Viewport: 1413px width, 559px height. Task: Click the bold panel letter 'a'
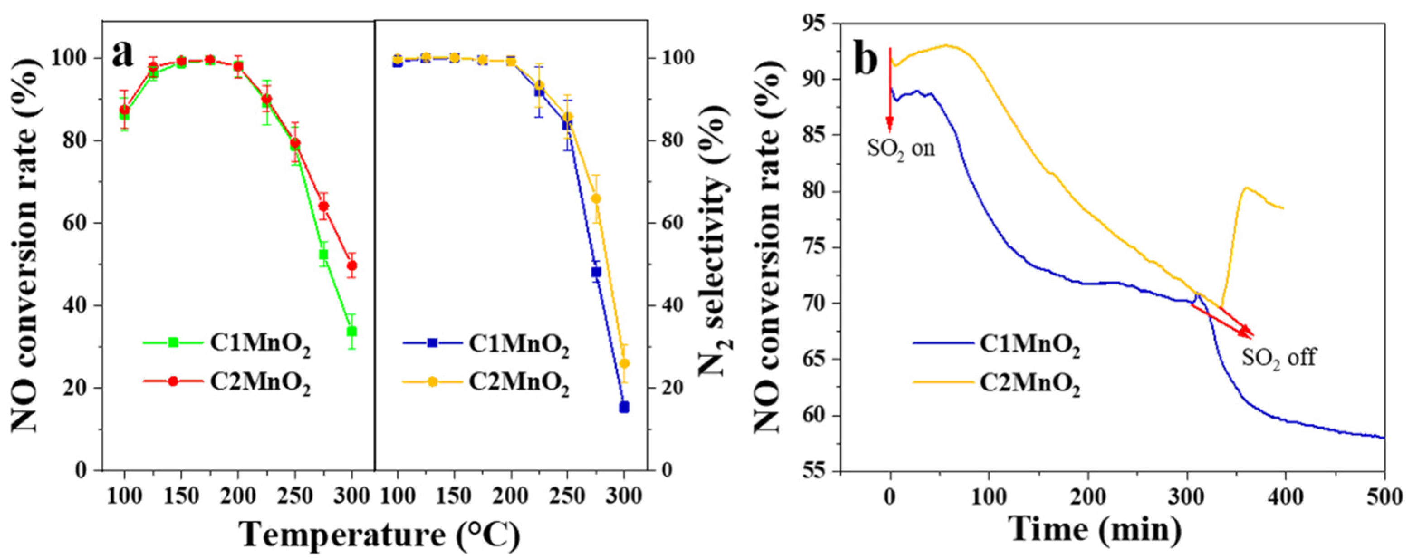coord(123,54)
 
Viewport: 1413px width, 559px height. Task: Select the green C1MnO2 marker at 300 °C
coord(351,331)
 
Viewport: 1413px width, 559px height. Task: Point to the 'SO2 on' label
coord(901,148)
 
